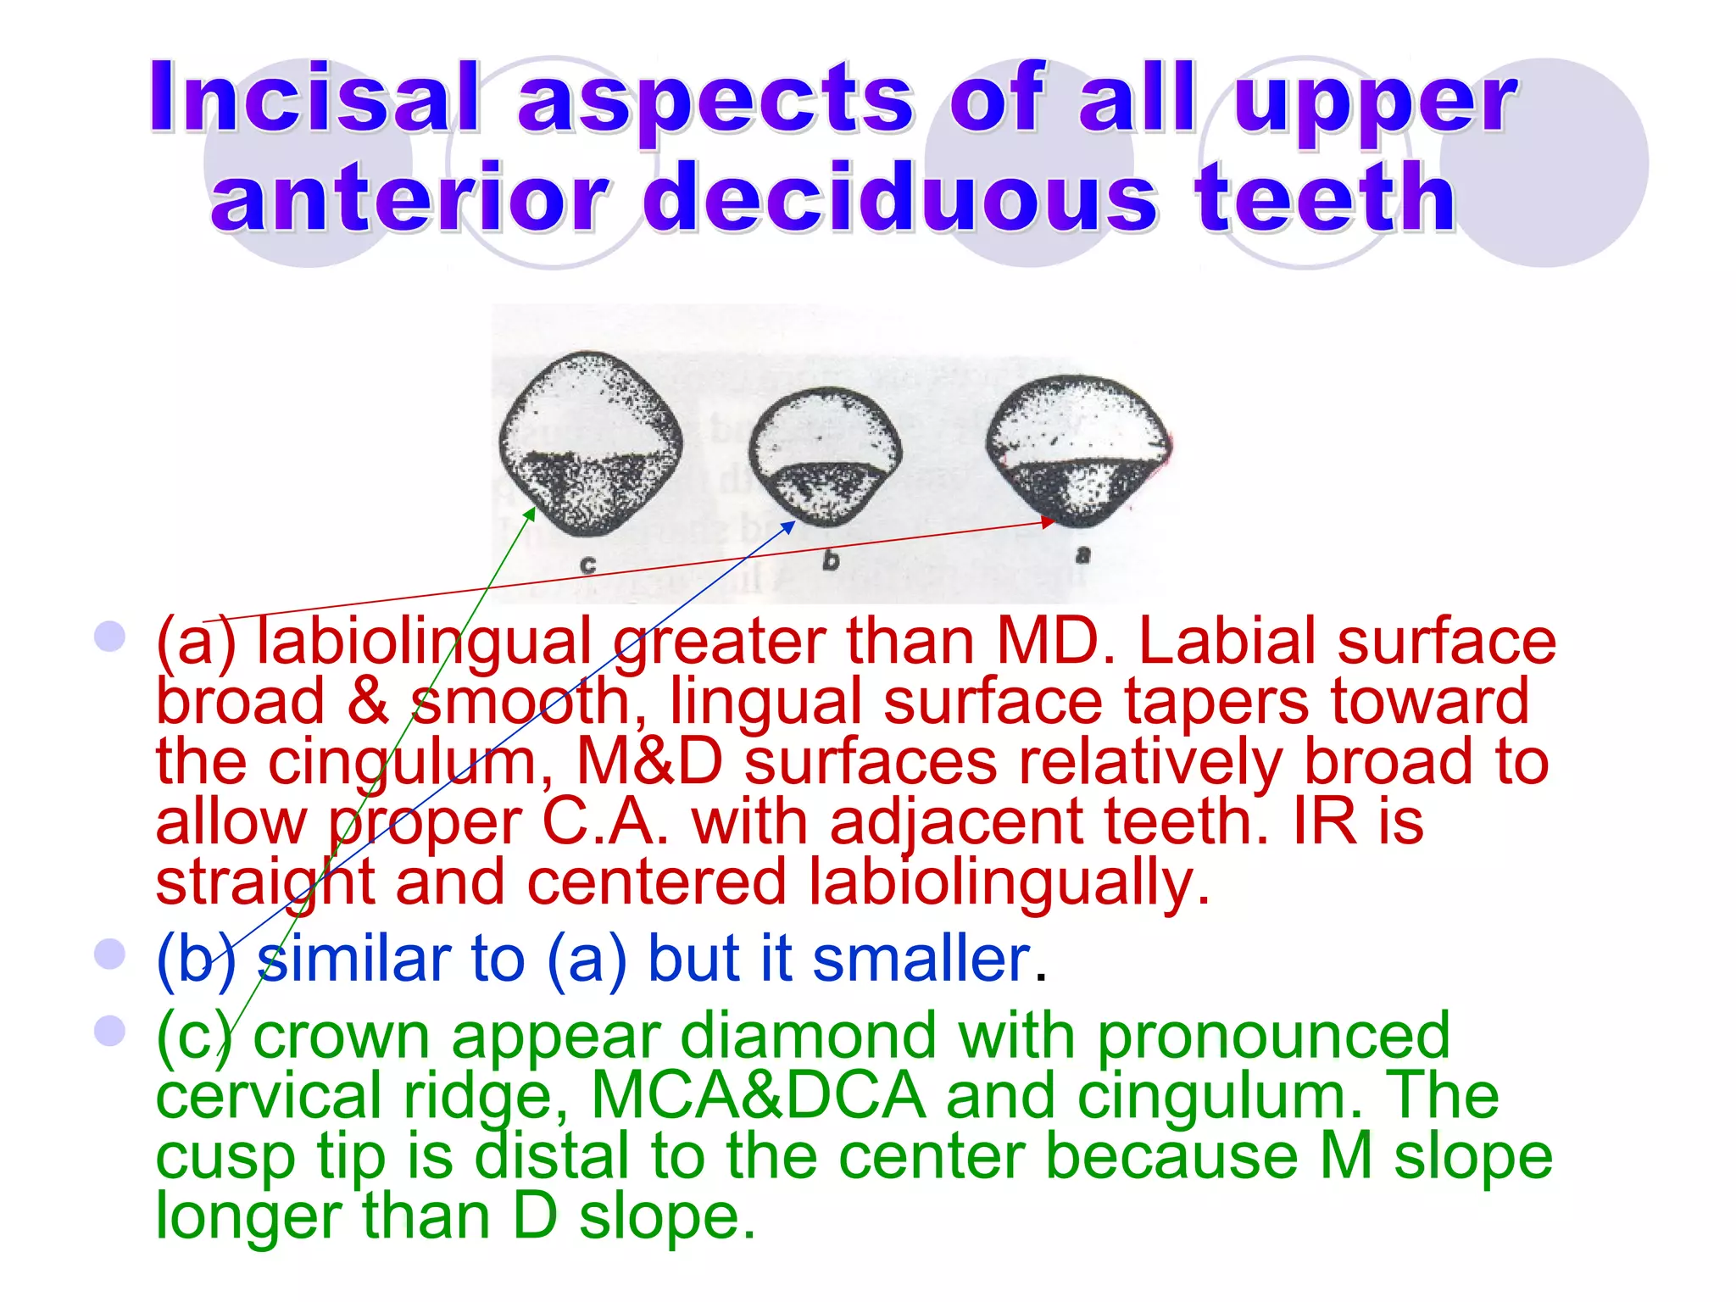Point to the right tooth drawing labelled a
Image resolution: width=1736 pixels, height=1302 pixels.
coord(1077,449)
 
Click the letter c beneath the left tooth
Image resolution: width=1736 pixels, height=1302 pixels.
coord(589,565)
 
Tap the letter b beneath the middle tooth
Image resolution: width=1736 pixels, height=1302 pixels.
coord(831,560)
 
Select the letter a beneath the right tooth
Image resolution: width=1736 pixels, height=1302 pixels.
coord(1082,555)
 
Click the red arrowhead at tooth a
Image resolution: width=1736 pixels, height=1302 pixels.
coord(1049,522)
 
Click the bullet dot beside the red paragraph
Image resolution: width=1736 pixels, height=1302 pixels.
coord(110,636)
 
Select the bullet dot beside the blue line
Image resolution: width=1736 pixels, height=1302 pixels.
coord(110,954)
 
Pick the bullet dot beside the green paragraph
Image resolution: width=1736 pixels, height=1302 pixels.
coord(110,1031)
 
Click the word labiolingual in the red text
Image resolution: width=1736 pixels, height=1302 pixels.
coord(424,642)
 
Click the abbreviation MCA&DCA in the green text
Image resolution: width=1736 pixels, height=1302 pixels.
coord(758,1095)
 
